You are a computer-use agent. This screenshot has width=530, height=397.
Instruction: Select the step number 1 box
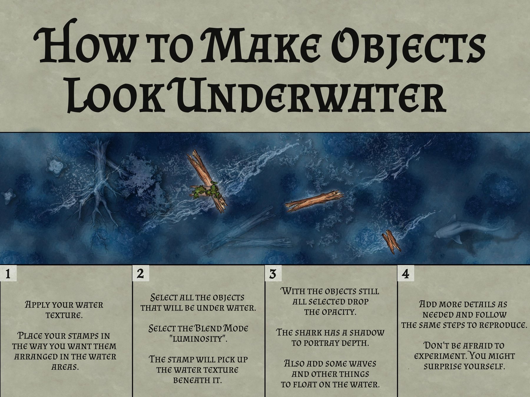point(8,274)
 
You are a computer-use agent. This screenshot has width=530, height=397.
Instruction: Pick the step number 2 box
point(140,274)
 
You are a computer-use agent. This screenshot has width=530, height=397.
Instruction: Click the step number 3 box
point(273,274)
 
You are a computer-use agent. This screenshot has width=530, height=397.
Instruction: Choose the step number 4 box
point(405,274)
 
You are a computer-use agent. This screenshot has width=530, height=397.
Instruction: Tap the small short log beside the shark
point(391,243)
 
